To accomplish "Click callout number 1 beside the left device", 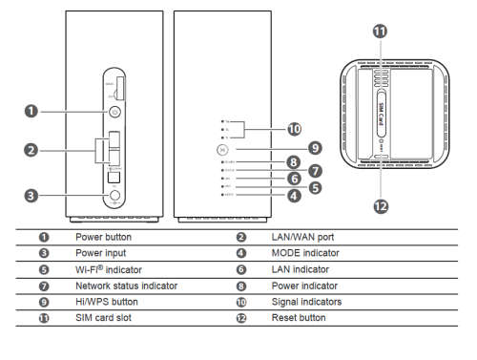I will tap(32, 111).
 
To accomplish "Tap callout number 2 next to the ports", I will tap(32, 150).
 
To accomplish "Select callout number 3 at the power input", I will tap(32, 196).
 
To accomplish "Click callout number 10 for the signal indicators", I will tap(294, 128).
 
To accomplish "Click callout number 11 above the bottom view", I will tap(381, 32).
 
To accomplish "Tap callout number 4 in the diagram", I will tap(294, 195).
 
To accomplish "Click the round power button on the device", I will tap(115, 111).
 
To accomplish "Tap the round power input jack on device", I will tap(115, 196).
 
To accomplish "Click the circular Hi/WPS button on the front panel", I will tap(221, 148).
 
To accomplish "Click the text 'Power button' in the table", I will tap(103, 236).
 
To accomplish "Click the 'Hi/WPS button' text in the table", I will tap(107, 302).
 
